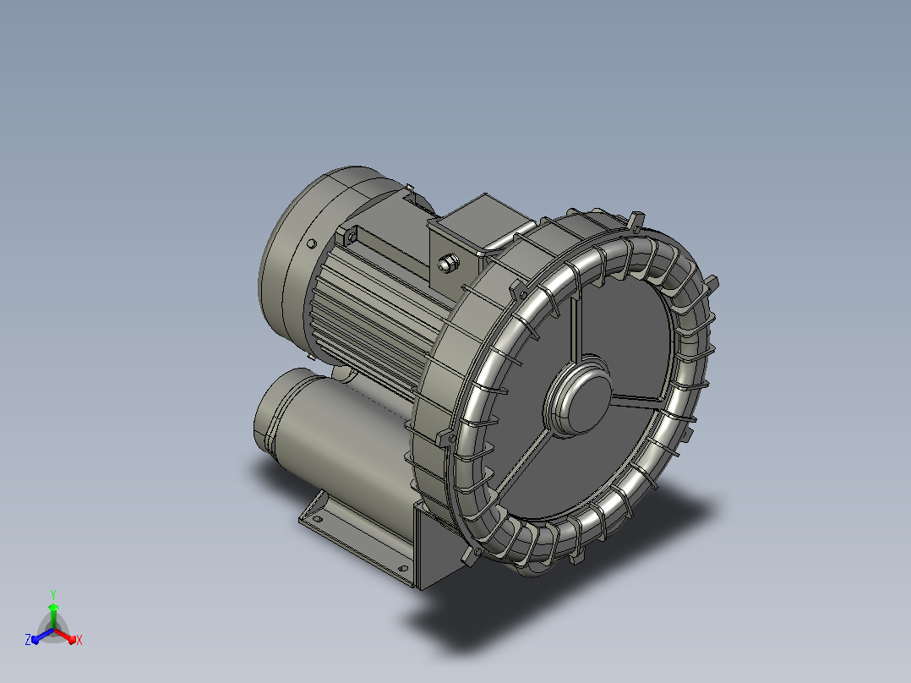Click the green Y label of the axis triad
(x=53, y=595)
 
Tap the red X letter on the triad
(x=79, y=640)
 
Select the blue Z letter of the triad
(x=28, y=639)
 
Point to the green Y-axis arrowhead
(x=53, y=608)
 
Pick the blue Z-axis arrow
(x=42, y=636)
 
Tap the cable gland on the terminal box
(x=447, y=263)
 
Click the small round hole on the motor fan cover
(x=312, y=243)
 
